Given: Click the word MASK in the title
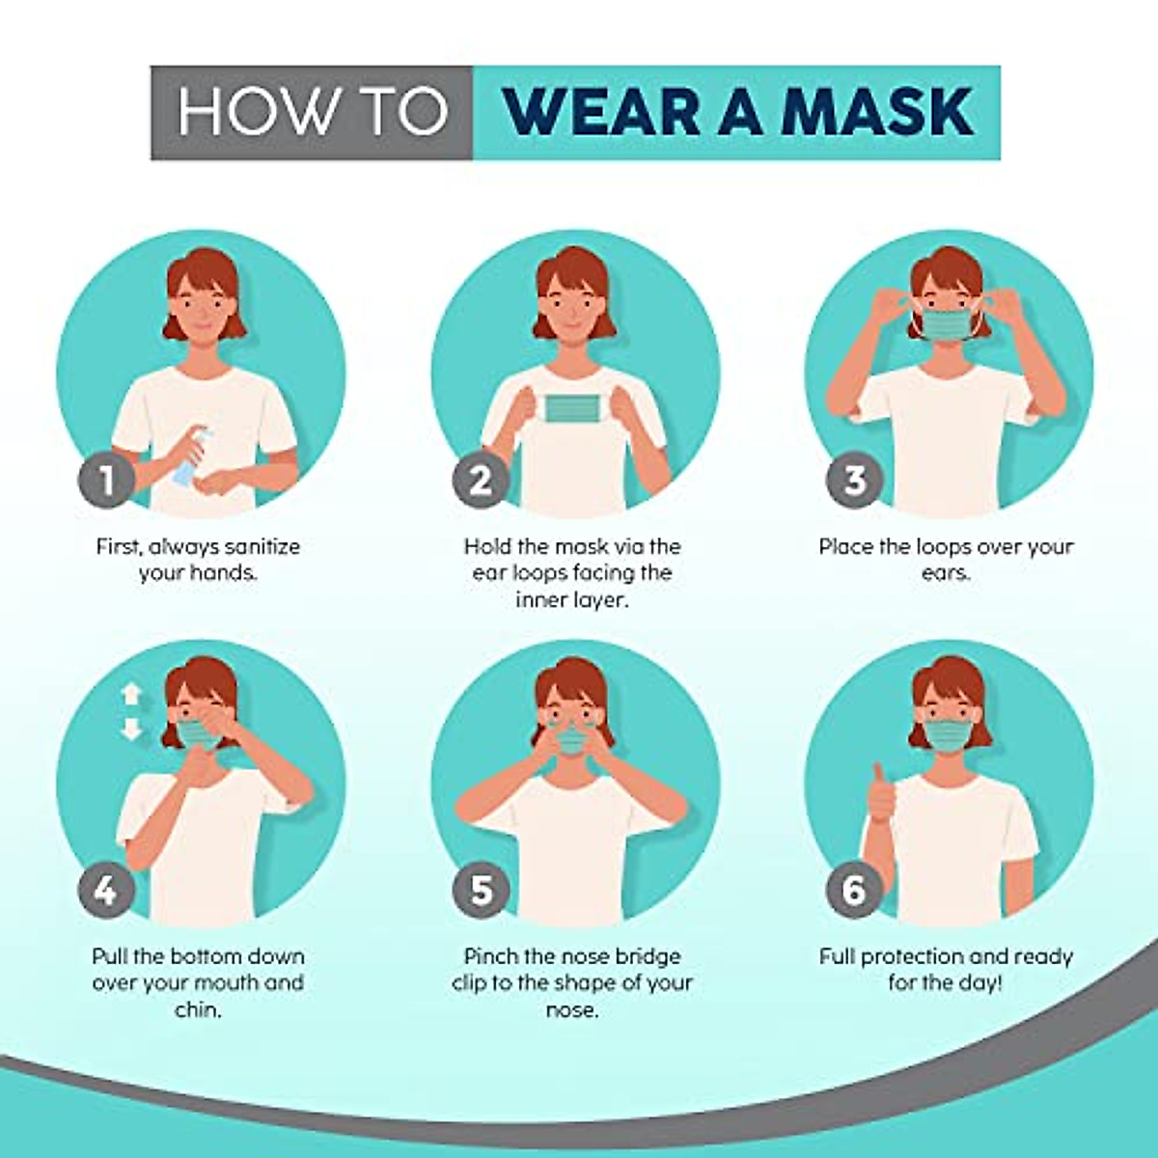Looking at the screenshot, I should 877,112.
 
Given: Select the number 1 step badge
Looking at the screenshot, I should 106,480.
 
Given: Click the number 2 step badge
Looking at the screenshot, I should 481,480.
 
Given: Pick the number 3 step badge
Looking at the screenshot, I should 855,480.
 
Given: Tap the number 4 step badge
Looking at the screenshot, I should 106,890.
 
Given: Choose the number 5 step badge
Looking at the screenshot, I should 481,890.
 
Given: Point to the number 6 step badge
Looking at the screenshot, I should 855,890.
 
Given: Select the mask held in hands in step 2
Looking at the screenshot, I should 572,407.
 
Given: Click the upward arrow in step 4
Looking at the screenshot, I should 131,694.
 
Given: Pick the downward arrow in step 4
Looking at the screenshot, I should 131,729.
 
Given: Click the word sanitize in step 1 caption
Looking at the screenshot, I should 262,547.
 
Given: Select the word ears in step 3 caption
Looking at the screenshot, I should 945,573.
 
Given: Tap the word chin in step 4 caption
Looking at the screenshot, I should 197,1010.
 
